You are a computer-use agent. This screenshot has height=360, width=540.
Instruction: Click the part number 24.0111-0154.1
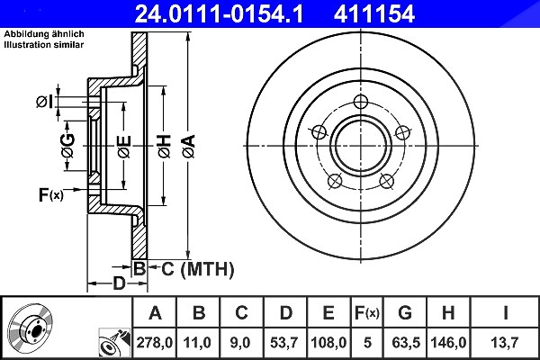(219, 14)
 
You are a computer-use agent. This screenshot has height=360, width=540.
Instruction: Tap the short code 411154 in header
(374, 14)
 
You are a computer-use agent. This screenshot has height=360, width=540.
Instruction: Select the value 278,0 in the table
(154, 343)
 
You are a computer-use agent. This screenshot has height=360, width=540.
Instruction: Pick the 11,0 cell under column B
(197, 343)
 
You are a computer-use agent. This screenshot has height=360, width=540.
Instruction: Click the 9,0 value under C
(240, 343)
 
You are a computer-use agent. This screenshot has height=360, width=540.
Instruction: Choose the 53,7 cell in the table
(284, 343)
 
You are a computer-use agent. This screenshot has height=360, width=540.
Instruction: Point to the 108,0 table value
(328, 343)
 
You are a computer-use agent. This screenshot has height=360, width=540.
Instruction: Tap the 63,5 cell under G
(406, 343)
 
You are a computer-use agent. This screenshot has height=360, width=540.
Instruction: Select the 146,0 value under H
(448, 343)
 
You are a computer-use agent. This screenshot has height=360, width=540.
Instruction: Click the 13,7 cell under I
(505, 343)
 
